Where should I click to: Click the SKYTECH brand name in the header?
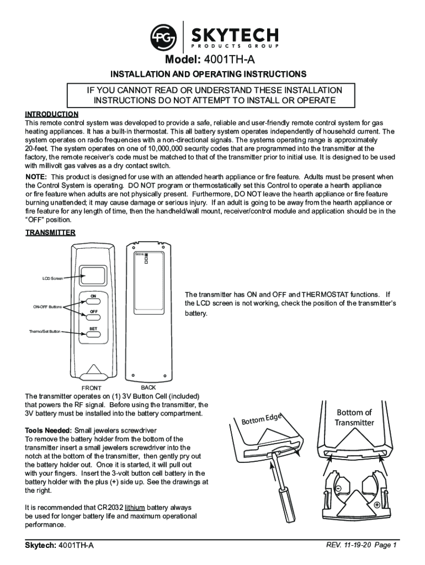coord(235,36)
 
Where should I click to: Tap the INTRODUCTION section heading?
coord(52,114)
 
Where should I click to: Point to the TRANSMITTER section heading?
coord(50,232)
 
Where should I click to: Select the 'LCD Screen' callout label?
coord(53,278)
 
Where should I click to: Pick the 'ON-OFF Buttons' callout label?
coord(47,306)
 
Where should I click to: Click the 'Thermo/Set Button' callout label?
coord(45,332)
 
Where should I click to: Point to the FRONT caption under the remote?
coord(91,388)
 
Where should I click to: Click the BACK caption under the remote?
coord(141,387)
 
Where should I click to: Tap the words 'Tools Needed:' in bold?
coord(49,430)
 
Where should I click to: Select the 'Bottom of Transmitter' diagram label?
coord(354,418)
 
